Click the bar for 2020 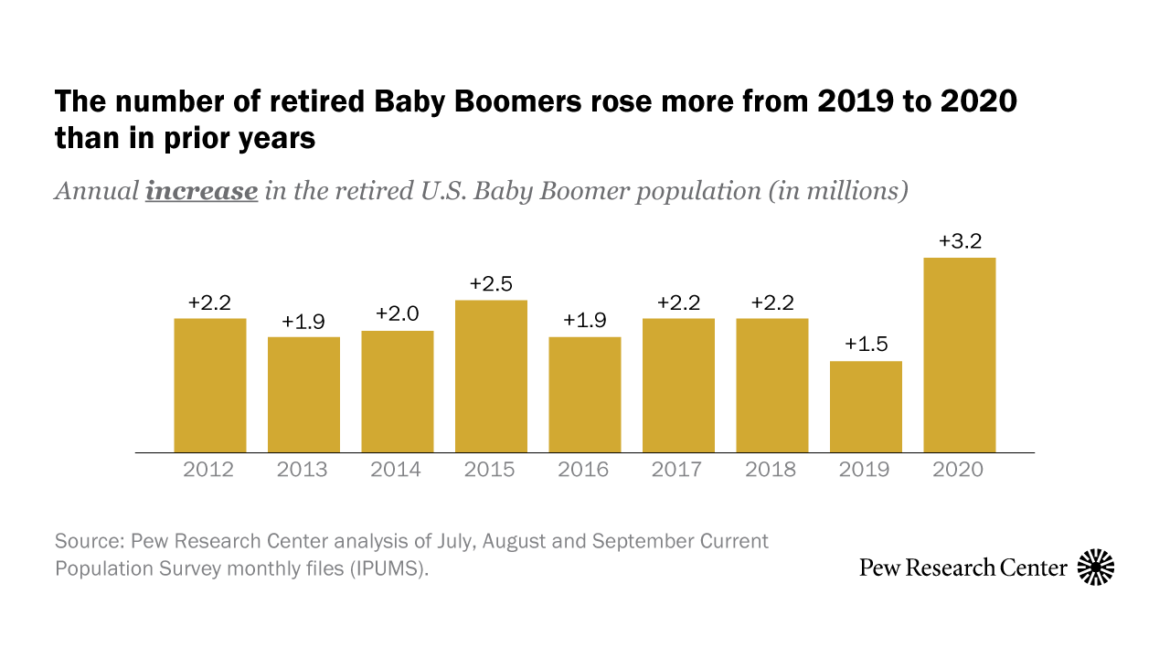[x=959, y=356]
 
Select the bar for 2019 [x=865, y=407]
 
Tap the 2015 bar [x=491, y=377]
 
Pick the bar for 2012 [x=209, y=386]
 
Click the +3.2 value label [x=960, y=242]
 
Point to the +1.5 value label [x=865, y=345]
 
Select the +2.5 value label [x=491, y=284]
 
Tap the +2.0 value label [x=397, y=314]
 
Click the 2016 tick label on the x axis [x=583, y=470]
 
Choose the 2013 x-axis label [x=303, y=470]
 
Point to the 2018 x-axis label [x=771, y=470]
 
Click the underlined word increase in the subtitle [x=201, y=192]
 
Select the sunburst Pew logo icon [x=1096, y=568]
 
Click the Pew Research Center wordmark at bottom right [x=963, y=568]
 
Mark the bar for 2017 [x=677, y=386]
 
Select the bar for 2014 [x=397, y=391]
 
